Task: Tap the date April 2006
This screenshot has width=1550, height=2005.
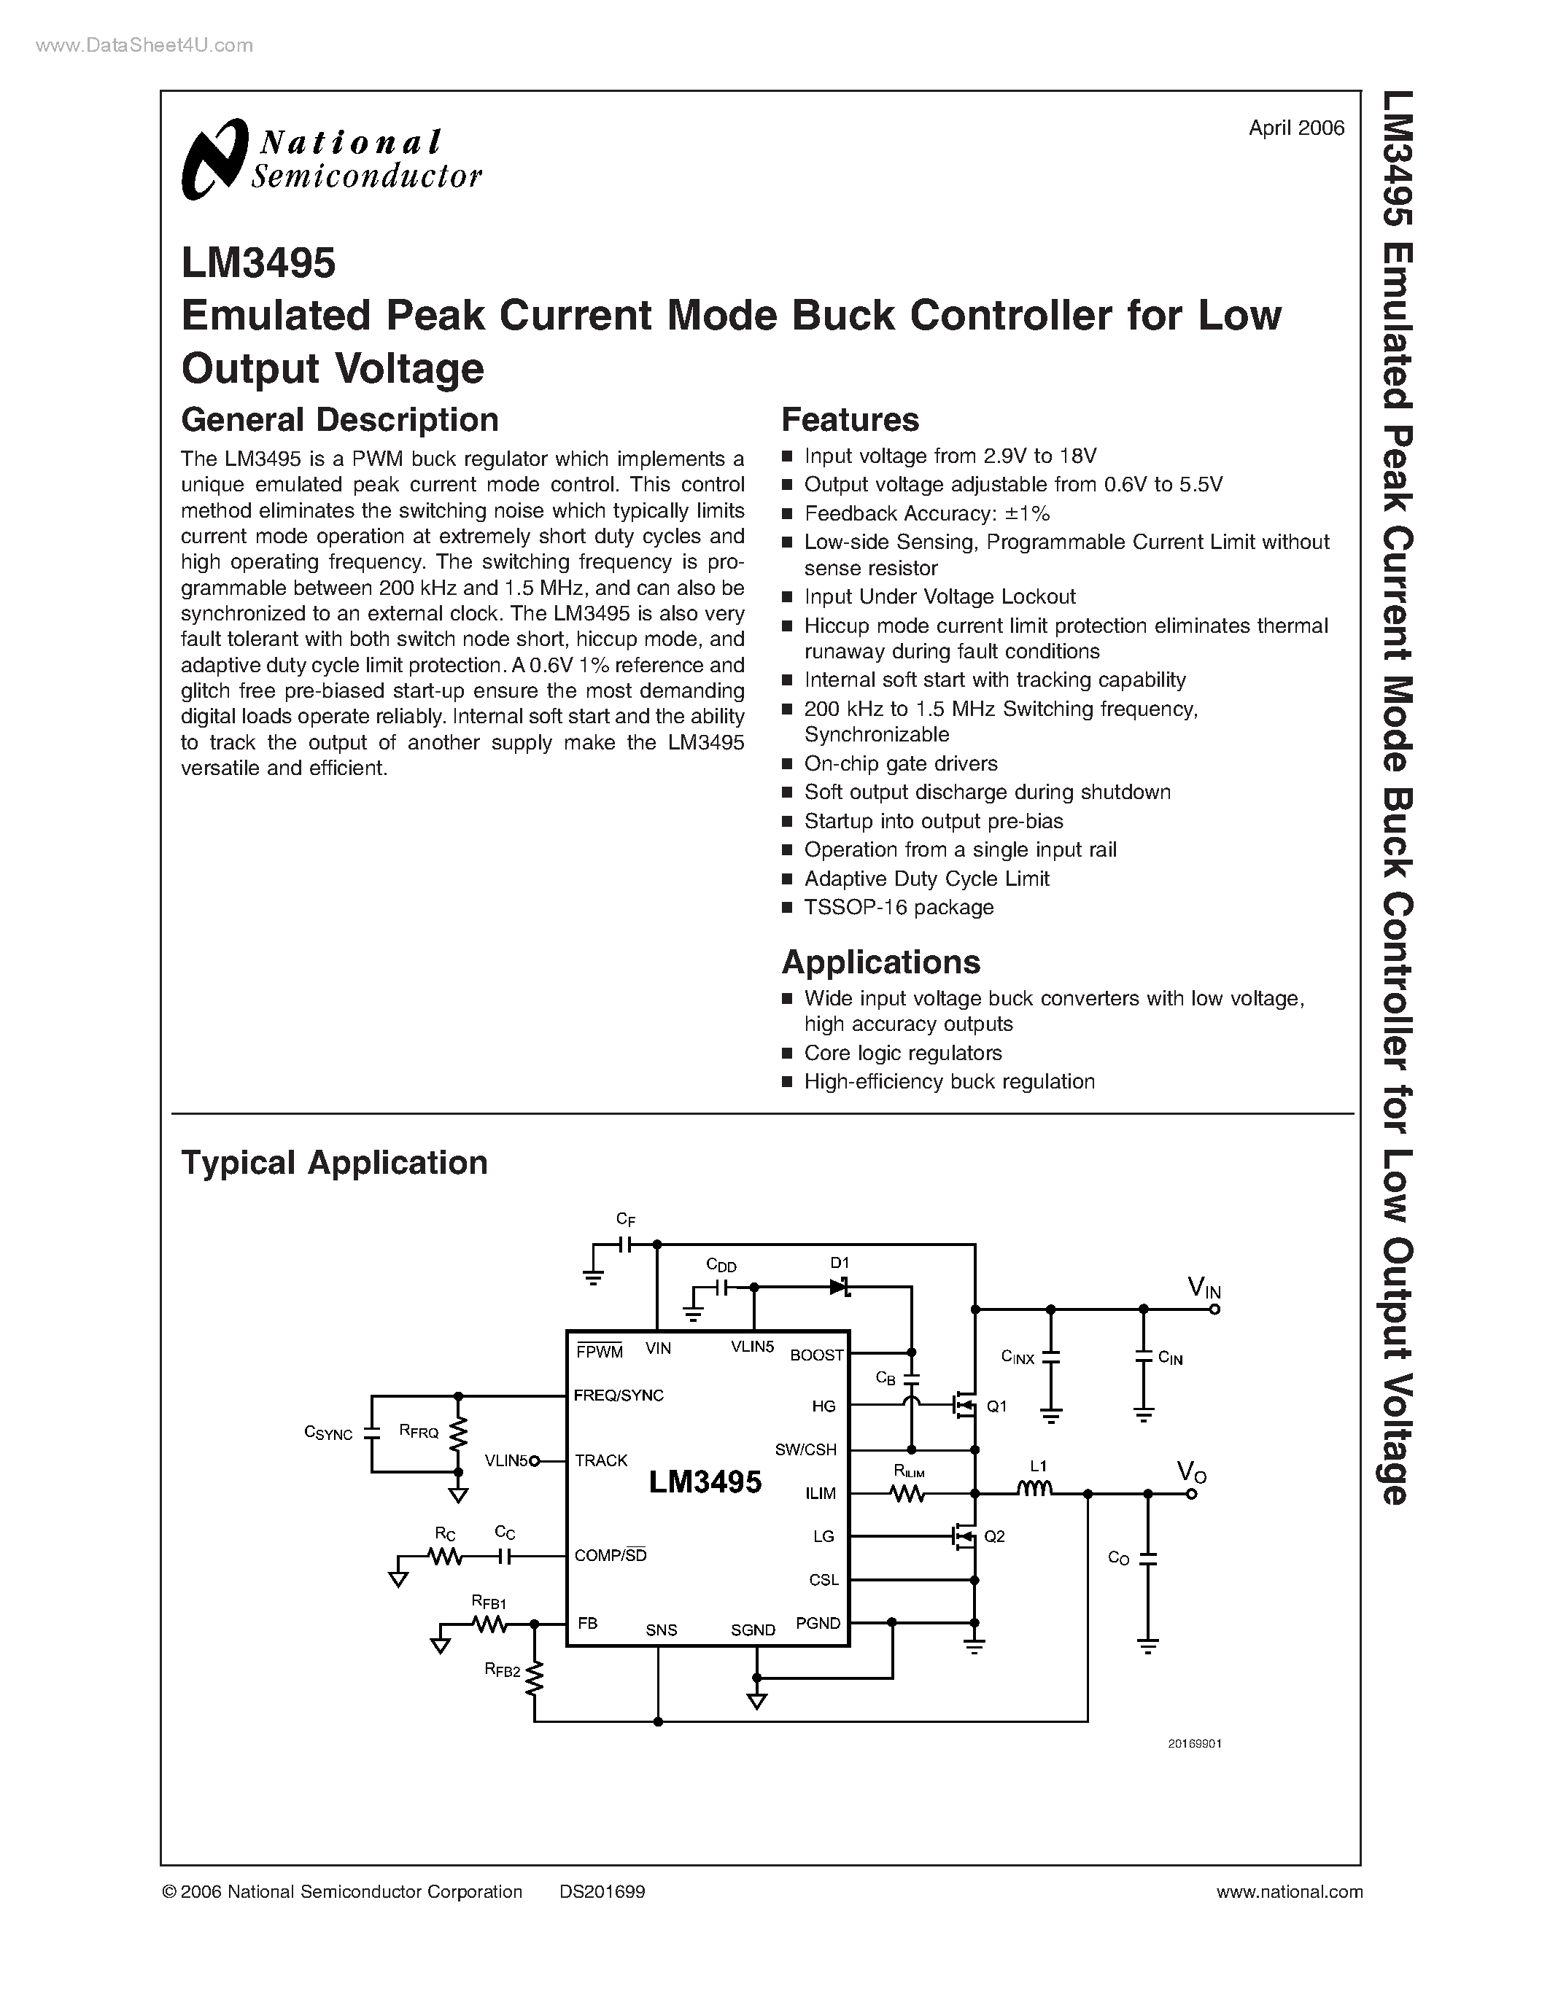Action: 1295,128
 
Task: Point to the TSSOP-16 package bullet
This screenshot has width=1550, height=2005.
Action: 898,907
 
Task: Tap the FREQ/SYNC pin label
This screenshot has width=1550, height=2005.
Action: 618,1395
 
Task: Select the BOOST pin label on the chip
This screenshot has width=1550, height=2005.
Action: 816,1355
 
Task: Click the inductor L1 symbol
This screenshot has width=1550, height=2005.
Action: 1036,1490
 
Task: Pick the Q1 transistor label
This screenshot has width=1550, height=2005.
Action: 996,1406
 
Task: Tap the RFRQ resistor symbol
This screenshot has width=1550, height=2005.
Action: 458,1432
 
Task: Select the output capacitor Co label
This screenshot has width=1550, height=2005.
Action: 1118,1558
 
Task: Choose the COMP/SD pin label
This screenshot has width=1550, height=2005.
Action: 611,1555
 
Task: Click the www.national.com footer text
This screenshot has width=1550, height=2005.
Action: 1289,1891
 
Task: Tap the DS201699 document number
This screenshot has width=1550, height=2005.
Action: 602,1891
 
